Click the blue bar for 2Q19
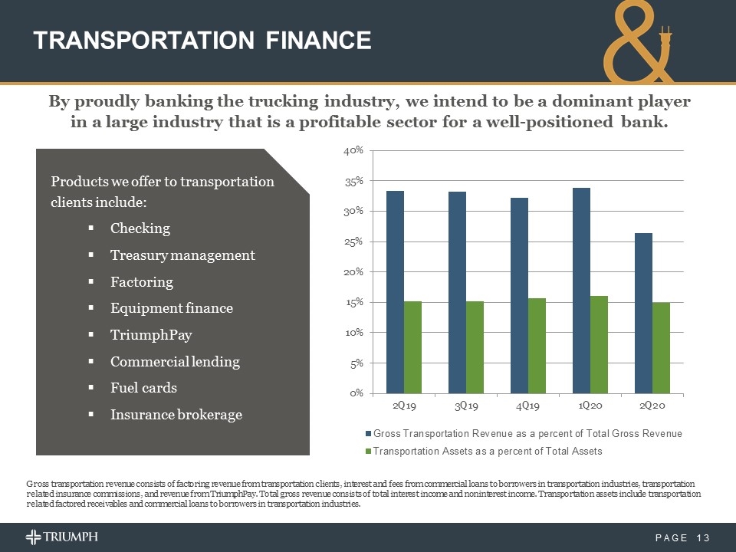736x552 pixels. coord(395,292)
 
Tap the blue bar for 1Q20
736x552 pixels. coord(581,291)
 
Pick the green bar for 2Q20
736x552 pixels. coord(661,348)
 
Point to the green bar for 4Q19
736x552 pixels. coord(537,346)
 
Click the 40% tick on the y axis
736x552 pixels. coord(352,151)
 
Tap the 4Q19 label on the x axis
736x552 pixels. coord(527,405)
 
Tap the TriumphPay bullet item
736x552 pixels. coord(151,335)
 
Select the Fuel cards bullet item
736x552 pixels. coord(143,388)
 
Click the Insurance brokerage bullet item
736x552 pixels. coord(176,415)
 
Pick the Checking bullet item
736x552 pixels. coord(140,228)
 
